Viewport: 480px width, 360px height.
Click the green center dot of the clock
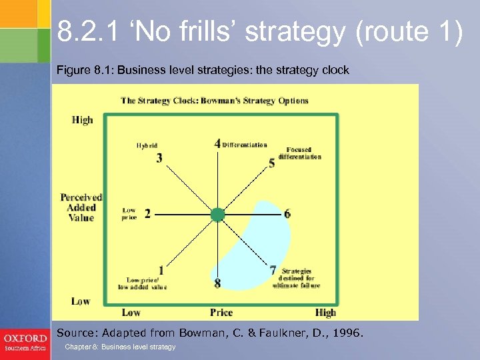217,214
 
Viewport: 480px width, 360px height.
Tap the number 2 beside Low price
147,214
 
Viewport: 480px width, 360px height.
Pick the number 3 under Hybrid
159,158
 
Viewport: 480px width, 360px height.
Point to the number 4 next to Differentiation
217,143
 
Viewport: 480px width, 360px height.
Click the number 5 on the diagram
271,163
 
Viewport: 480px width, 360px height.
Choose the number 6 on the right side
287,214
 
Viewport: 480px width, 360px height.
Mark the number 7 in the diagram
273,271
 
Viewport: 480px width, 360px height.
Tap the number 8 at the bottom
217,284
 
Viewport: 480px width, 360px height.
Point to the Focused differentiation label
304,153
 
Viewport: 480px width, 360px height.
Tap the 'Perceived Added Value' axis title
81,207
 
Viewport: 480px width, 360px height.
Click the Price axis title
221,312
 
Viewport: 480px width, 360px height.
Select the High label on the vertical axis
82,120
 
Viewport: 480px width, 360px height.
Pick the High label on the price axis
325,312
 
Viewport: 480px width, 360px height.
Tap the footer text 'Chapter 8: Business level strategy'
120,347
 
